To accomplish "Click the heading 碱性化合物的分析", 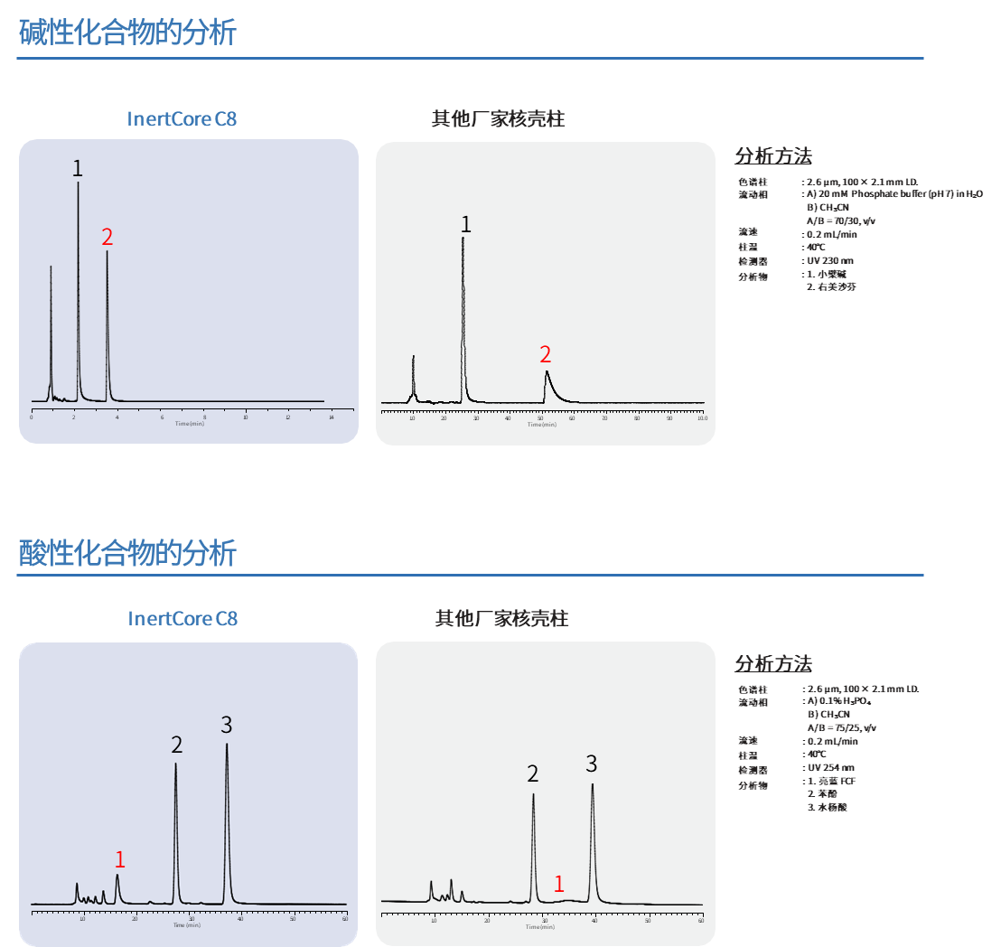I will pyautogui.click(x=127, y=33).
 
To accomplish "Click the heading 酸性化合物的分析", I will pyautogui.click(x=127, y=552).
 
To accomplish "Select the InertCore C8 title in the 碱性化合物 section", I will pyautogui.click(x=182, y=118).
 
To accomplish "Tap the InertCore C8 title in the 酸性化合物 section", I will pyautogui.click(x=182, y=618).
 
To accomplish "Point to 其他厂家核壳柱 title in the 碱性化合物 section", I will pyautogui.click(x=498, y=118).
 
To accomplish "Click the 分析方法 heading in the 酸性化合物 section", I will pyautogui.click(x=773, y=663).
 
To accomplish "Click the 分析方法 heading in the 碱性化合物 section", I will pyautogui.click(x=773, y=155).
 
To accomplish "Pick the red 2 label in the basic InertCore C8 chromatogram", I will pyautogui.click(x=108, y=238).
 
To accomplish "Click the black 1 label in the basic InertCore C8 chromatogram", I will pyautogui.click(x=78, y=169).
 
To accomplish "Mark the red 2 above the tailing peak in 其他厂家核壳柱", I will pyautogui.click(x=545, y=354).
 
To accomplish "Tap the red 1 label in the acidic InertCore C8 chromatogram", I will pyautogui.click(x=119, y=860).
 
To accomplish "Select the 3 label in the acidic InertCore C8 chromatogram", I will pyautogui.click(x=227, y=725).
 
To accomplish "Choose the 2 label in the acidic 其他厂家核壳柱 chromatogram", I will pyautogui.click(x=533, y=774).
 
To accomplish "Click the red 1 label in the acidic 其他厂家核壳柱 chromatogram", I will pyautogui.click(x=559, y=884).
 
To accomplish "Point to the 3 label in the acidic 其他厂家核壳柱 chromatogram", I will pyautogui.click(x=592, y=764).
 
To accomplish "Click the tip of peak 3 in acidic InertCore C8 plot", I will pyautogui.click(x=227, y=745).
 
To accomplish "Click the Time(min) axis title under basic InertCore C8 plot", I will pyautogui.click(x=190, y=423).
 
